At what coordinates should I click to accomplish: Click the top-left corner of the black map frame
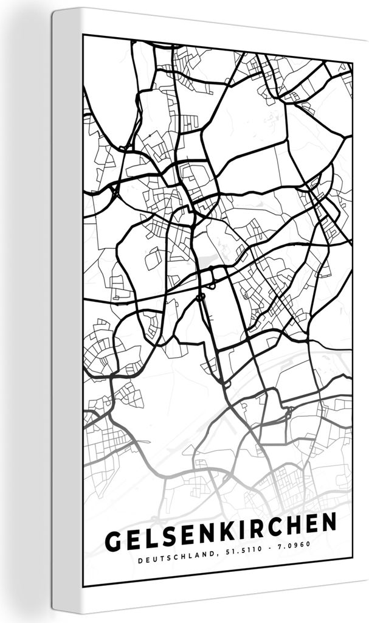[x=84, y=35]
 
